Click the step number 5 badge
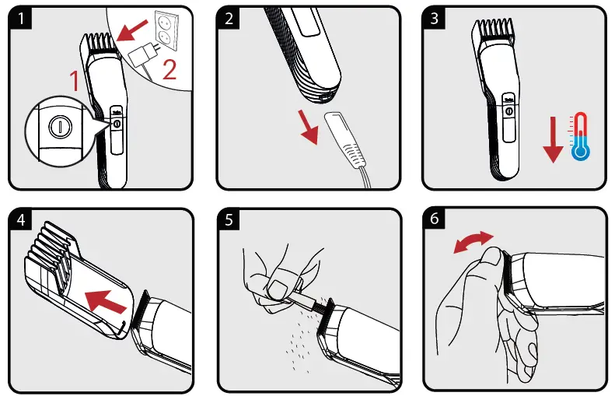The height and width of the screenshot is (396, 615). click(228, 221)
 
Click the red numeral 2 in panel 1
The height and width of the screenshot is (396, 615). click(169, 72)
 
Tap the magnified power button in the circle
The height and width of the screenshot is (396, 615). click(54, 127)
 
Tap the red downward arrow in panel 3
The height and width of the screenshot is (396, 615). click(551, 140)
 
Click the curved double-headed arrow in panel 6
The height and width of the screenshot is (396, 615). click(473, 242)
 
